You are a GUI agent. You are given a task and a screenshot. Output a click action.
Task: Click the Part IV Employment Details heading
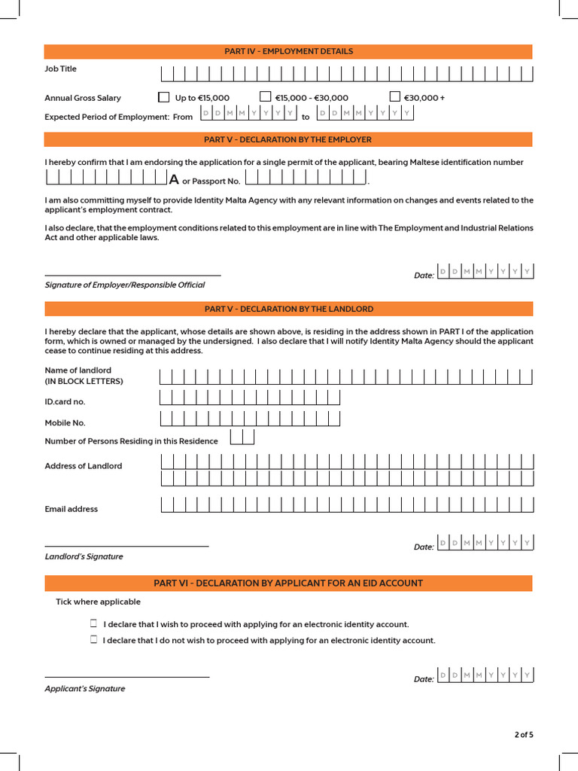(x=288, y=51)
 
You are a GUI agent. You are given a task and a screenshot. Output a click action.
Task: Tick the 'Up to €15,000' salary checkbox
(x=164, y=96)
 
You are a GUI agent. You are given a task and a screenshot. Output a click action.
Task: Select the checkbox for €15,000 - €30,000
(x=265, y=96)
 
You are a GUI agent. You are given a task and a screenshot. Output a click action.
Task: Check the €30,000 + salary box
(x=394, y=96)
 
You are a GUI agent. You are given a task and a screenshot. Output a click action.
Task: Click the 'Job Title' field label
(x=60, y=69)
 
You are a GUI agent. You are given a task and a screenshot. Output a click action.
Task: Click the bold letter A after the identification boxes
(x=174, y=180)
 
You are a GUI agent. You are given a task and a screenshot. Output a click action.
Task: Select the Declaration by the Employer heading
(x=288, y=139)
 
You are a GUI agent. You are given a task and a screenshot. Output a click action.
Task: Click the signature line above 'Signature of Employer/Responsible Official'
(x=132, y=276)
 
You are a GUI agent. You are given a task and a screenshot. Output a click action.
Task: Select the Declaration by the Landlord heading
(x=288, y=309)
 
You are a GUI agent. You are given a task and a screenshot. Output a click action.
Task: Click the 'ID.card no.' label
(x=65, y=401)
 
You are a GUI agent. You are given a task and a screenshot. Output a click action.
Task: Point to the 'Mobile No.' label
(x=65, y=422)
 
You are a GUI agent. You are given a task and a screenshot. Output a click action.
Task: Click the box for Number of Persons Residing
(x=242, y=437)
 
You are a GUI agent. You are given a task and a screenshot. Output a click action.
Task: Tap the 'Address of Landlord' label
(x=83, y=466)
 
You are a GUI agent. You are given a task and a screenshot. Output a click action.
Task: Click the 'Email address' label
(x=71, y=509)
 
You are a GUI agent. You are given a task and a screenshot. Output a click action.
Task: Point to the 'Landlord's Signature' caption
(x=84, y=556)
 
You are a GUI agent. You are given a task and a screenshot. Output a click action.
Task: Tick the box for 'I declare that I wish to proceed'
(x=94, y=623)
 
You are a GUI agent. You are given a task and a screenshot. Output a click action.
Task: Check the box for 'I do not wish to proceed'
(x=94, y=639)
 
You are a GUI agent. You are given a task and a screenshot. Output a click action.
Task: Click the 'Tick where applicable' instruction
(x=98, y=602)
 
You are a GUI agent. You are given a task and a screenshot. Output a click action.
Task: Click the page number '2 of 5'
(x=524, y=734)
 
